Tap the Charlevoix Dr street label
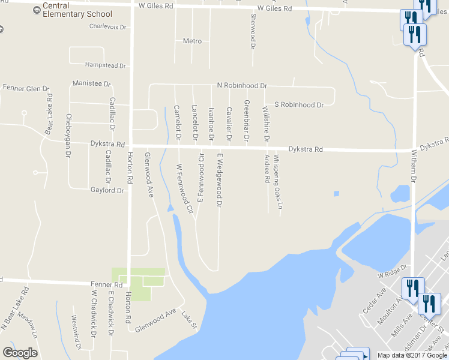coord(107,27)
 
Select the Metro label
coord(192,41)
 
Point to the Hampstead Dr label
coord(105,65)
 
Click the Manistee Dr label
coord(91,83)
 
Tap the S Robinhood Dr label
coord(298,104)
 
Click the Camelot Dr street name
coord(177,123)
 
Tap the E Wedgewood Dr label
coord(220,180)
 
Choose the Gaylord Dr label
coord(107,190)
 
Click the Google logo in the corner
coord(20,352)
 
